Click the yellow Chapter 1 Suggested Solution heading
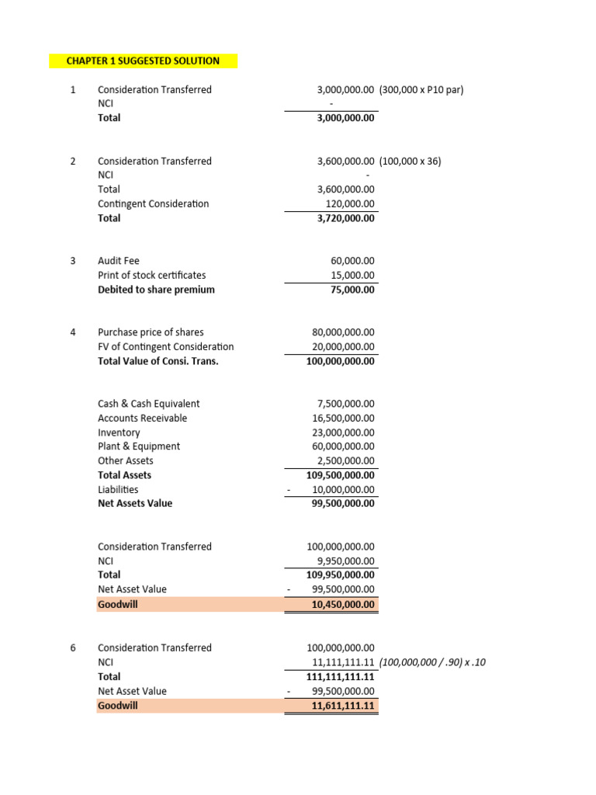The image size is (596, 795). click(143, 61)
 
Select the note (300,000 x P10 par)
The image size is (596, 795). click(421, 89)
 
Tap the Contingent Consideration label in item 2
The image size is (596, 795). click(153, 203)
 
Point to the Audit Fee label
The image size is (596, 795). click(119, 261)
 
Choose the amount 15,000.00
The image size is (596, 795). click(352, 275)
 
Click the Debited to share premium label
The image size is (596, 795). click(156, 290)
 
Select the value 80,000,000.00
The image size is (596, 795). click(343, 332)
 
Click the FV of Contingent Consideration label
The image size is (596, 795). click(165, 347)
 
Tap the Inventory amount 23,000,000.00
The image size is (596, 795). click(343, 432)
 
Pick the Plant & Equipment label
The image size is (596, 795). click(139, 446)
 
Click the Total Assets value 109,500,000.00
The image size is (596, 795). click(341, 475)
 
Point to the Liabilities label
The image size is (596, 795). click(118, 490)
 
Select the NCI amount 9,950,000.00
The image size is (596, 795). click(346, 561)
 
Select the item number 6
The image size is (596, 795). click(73, 647)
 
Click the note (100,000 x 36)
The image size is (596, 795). click(411, 161)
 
